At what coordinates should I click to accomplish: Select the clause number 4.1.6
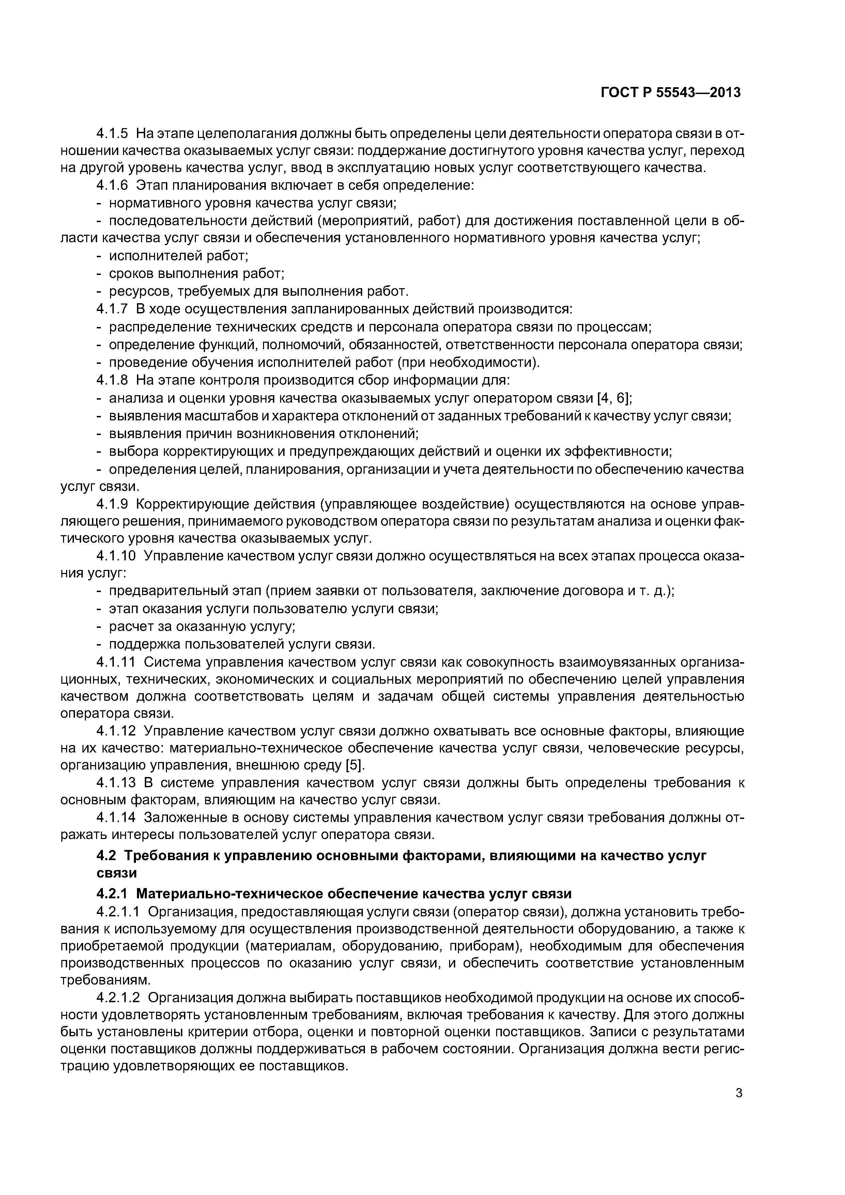pos(112,185)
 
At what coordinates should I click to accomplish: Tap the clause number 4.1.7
pos(112,309)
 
